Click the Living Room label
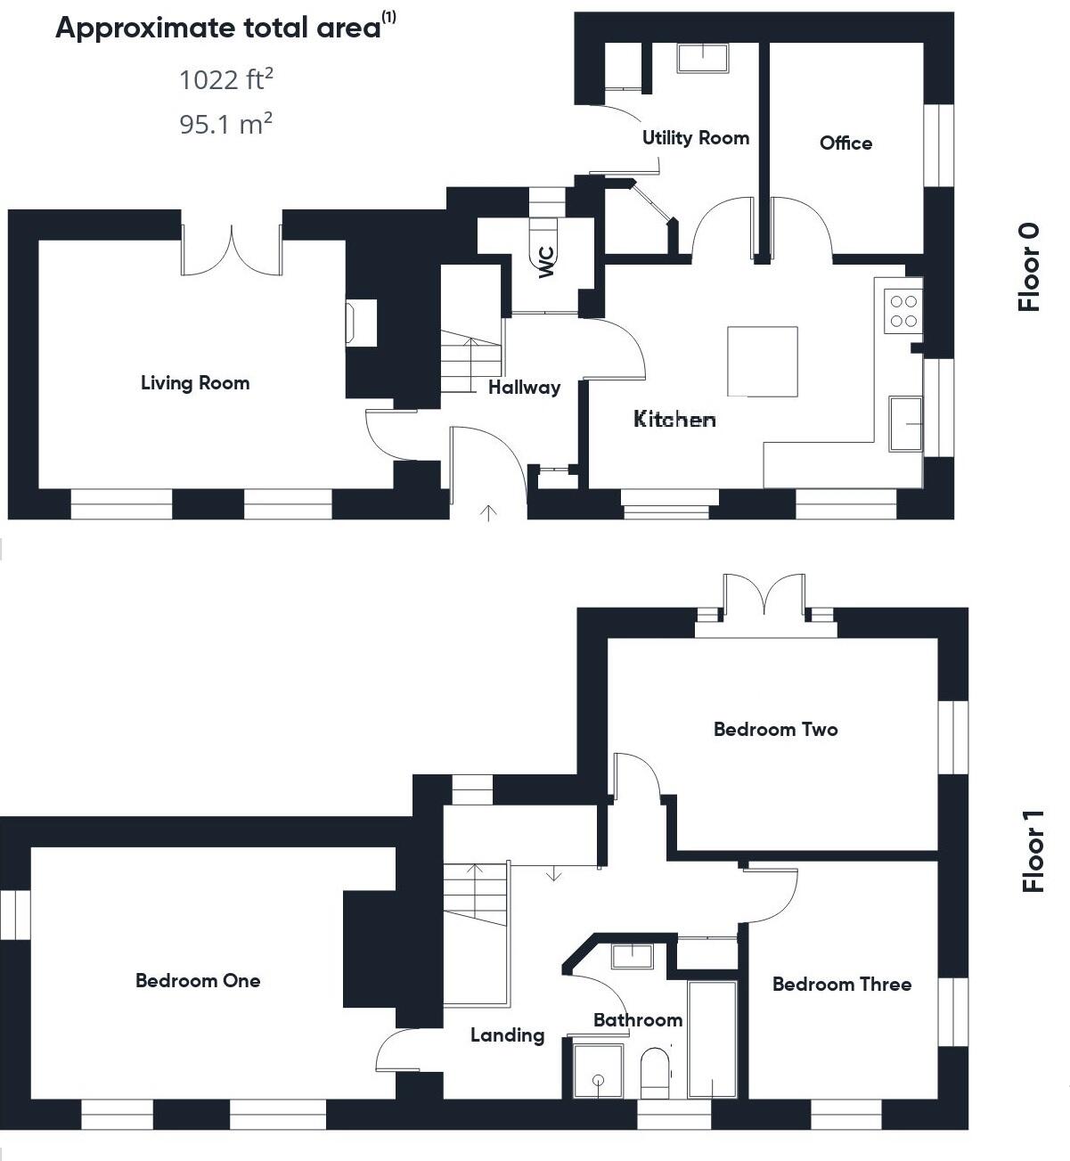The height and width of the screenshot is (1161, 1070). [195, 383]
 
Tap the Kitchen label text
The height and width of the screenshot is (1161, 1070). [674, 419]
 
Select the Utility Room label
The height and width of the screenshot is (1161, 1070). [695, 138]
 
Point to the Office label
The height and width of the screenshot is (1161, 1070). [845, 143]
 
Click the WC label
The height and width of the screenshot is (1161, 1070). [546, 261]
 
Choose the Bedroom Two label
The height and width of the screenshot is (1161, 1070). [775, 730]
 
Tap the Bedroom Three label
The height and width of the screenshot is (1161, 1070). [841, 985]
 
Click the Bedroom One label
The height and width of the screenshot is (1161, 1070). [198, 981]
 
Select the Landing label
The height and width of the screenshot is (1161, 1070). [507, 1035]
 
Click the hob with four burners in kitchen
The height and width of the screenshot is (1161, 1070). [903, 312]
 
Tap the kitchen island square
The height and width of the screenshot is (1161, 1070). [762, 361]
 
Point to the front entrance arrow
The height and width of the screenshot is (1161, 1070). [488, 512]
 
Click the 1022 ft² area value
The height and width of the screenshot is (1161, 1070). [225, 80]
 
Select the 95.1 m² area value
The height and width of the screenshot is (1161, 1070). [225, 124]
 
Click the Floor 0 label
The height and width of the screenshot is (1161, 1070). [1029, 266]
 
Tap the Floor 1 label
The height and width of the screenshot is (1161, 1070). [1033, 851]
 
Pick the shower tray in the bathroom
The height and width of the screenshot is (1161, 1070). [598, 1071]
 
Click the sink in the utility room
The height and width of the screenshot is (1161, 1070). [703, 58]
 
